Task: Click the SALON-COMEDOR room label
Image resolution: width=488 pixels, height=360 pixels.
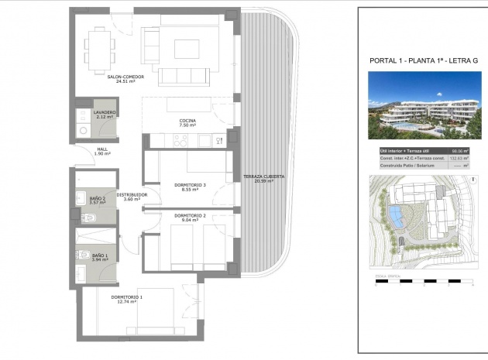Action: click(125, 77)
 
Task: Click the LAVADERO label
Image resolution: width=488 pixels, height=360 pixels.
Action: click(105, 114)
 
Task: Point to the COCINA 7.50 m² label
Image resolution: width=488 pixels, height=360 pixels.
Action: click(187, 122)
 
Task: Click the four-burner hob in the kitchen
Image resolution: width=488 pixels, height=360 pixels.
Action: click(180, 140)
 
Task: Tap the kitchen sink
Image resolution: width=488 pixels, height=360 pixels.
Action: click(204, 140)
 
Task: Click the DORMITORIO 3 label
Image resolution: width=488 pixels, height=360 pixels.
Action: click(189, 187)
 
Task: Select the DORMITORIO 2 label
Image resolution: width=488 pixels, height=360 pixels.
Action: click(189, 217)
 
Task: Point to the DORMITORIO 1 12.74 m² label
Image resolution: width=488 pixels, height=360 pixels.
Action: click(127, 300)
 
